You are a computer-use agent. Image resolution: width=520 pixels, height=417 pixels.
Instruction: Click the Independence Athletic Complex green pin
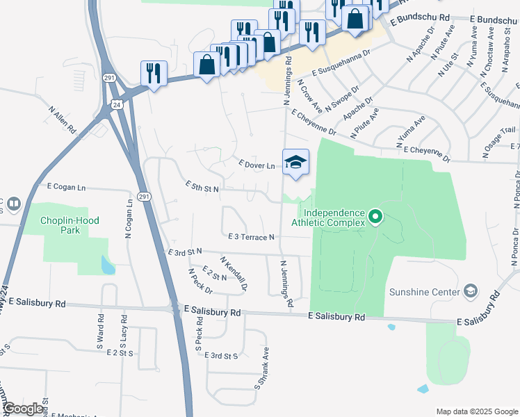pos(375,218)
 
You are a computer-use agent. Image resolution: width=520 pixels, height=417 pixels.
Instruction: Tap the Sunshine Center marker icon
pos(471,291)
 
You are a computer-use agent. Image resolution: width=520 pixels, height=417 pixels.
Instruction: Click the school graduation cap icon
pos(295,161)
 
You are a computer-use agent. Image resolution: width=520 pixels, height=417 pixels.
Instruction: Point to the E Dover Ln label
pos(257,165)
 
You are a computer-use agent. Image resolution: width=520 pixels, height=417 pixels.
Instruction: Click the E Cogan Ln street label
pos(66,187)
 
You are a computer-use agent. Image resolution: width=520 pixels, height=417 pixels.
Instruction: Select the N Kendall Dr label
pos(234,272)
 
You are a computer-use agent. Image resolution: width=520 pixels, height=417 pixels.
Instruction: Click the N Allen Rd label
pos(62,119)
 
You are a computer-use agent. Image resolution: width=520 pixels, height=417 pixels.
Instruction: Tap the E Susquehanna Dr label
pos(341,63)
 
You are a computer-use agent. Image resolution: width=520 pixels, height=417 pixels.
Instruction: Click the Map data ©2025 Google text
pos(477,411)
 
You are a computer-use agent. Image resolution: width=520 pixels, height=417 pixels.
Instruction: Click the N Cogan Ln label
pos(129,220)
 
